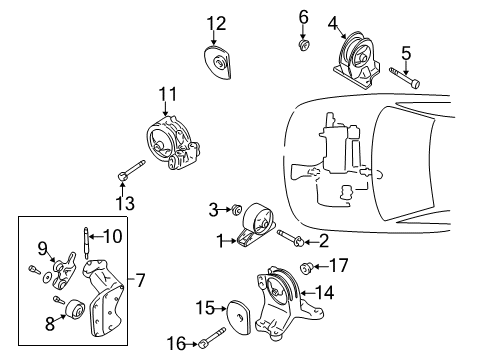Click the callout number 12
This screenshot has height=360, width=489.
click(x=217, y=23)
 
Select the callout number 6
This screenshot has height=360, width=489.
click(x=303, y=16)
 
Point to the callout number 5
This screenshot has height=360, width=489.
click(x=405, y=52)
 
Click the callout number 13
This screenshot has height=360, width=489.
click(x=124, y=203)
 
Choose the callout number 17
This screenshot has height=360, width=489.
click(x=339, y=266)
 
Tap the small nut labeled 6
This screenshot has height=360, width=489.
click(x=304, y=44)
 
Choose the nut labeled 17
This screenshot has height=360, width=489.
click(x=307, y=267)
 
